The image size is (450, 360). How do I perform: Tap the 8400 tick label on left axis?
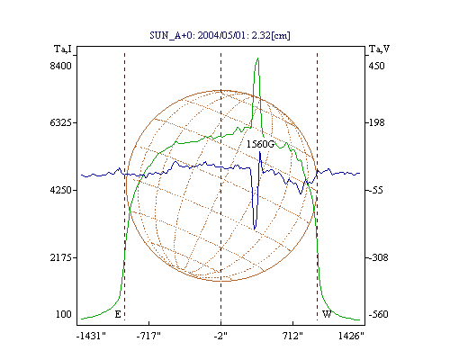[61, 66]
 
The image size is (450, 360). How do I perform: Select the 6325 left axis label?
[61, 122]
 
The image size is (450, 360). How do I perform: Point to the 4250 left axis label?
[61, 190]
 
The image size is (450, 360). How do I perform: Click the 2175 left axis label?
[61, 257]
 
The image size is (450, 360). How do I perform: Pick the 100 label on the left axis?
[64, 314]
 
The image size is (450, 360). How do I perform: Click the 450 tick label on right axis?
[376, 66]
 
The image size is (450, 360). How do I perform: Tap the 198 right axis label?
[376, 122]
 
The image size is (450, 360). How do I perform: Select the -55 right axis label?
[375, 190]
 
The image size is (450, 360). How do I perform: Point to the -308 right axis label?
[378, 257]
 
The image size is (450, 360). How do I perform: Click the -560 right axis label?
[378, 314]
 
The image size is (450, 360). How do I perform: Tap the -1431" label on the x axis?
[91, 336]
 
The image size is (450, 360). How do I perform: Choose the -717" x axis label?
[148, 336]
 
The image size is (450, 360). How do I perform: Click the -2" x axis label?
[220, 336]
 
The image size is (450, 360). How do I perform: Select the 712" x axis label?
[292, 336]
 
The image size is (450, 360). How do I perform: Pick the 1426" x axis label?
[351, 336]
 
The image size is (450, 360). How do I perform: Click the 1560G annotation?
[260, 145]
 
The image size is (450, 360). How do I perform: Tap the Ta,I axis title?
[63, 49]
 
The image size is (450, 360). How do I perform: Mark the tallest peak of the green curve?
[257, 58]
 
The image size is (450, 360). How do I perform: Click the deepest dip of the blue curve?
[255, 229]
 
